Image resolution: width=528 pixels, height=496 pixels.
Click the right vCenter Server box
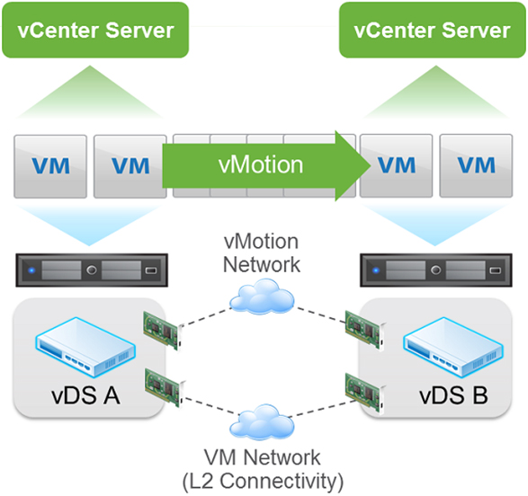click(x=432, y=30)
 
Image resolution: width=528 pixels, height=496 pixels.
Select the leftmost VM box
click(x=50, y=166)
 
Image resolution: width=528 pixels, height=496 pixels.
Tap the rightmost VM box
click(x=476, y=166)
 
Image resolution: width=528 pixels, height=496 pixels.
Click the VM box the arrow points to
click(x=397, y=166)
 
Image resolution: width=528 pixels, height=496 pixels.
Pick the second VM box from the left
click(x=130, y=166)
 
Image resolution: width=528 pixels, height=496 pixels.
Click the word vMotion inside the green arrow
click(x=260, y=165)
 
